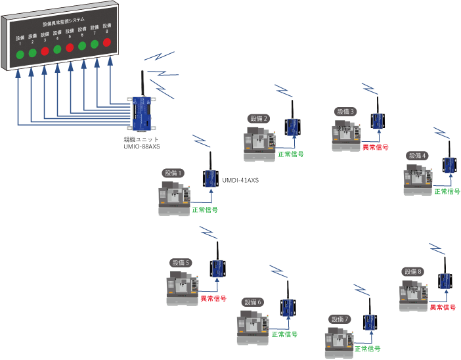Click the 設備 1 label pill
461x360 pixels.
[x=173, y=173]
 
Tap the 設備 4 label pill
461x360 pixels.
[x=417, y=156]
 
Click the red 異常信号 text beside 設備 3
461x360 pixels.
[x=376, y=146]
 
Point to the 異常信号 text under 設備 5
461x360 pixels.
[x=213, y=298]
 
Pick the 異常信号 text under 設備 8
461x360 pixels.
[x=443, y=307]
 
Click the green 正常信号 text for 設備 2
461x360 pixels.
[x=291, y=154]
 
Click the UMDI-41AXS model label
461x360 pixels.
[x=241, y=179]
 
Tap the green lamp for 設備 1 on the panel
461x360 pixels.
[x=20, y=54]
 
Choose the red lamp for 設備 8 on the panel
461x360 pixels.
[x=106, y=43]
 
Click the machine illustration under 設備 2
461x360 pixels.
[x=258, y=141]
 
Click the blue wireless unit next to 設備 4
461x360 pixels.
[x=450, y=165]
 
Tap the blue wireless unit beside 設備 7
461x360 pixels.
[x=370, y=323]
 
